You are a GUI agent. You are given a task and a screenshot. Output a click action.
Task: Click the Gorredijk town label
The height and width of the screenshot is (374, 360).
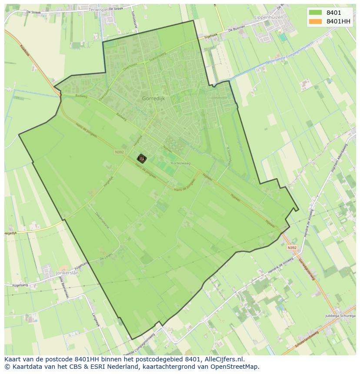pos(153,99)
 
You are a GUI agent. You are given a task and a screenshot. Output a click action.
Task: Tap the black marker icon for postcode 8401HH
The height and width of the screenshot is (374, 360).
pos(141,159)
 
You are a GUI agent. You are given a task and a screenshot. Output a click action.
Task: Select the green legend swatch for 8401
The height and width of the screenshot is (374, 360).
pos(316,13)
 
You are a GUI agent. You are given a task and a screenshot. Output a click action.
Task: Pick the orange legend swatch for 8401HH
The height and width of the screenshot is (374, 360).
pos(316,21)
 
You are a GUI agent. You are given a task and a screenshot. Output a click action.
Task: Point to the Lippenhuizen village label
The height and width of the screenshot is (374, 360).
pos(268,17)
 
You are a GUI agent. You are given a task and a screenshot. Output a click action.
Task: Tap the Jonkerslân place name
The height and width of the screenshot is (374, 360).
pos(67,273)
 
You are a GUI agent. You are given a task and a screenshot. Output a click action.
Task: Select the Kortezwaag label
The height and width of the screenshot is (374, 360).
pos(180,163)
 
